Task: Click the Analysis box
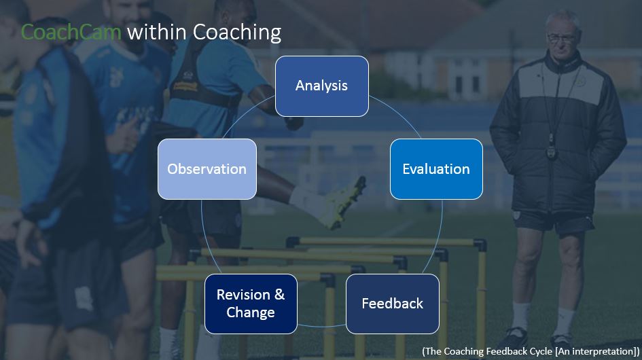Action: (x=321, y=86)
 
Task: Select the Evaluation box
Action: (x=435, y=169)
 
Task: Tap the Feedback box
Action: (x=392, y=304)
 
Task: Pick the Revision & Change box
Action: (x=251, y=304)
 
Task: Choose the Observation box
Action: (x=207, y=169)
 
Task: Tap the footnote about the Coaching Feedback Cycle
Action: (x=530, y=350)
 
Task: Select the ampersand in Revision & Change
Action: (x=279, y=295)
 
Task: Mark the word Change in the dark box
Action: (x=251, y=312)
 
